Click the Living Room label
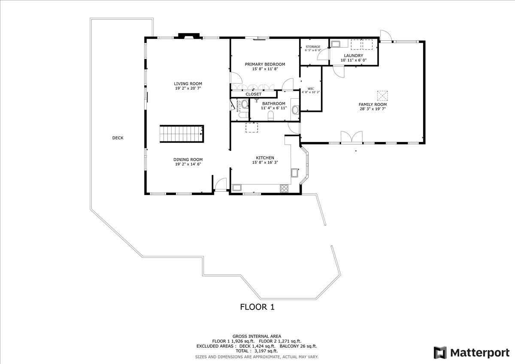(188, 84)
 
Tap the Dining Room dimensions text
(188, 164)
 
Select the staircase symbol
(182, 134)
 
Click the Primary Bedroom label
(265, 64)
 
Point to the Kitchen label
(265, 158)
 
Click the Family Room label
(373, 104)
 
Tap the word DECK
(118, 138)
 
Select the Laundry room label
(354, 56)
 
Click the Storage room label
(313, 46)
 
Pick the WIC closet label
(311, 89)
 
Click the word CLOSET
(253, 94)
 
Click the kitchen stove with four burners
(284, 187)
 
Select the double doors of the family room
(351, 137)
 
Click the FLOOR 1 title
(257, 307)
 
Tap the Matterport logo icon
(440, 352)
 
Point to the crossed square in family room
(382, 94)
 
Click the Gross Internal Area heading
(257, 336)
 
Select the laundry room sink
(335, 43)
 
